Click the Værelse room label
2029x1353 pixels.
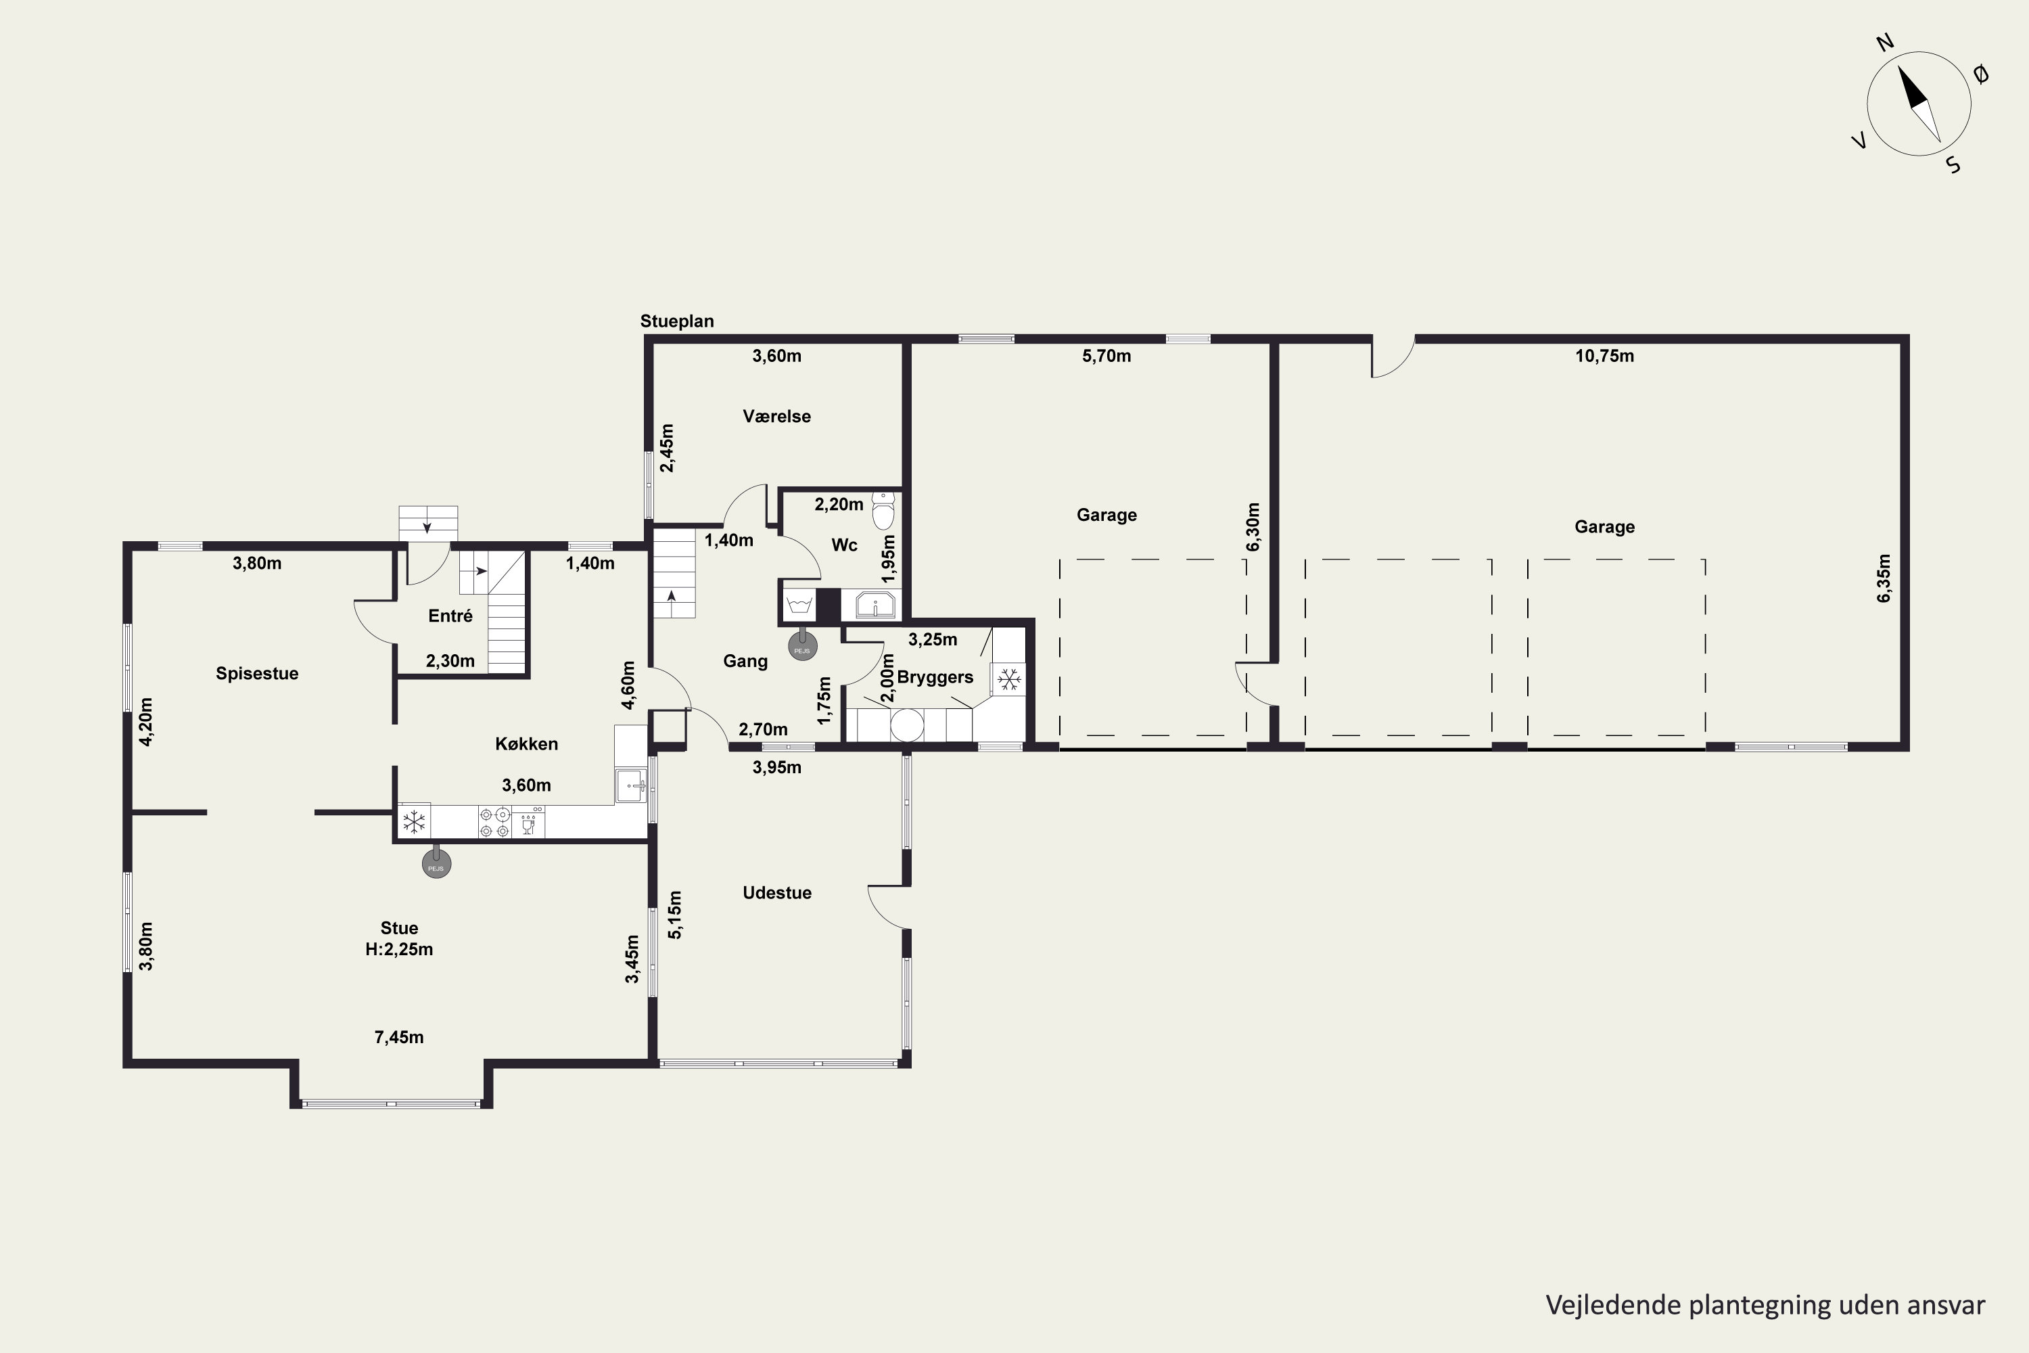click(x=776, y=416)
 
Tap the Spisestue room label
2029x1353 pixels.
click(x=257, y=674)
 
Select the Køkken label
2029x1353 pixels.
click(x=526, y=743)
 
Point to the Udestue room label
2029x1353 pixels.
click(x=776, y=893)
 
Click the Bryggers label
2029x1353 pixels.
click(x=935, y=677)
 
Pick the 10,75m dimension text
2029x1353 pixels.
click(x=1604, y=357)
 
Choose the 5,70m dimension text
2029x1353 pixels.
click(x=1106, y=357)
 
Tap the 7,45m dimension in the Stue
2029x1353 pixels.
click(x=398, y=1037)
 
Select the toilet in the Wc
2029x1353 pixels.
click(x=883, y=510)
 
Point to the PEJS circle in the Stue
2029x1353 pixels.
click(x=436, y=864)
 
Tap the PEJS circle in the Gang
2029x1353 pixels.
click(x=802, y=647)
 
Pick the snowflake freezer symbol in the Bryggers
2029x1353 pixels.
click(x=1009, y=680)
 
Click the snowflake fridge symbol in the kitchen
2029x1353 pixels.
click(x=414, y=821)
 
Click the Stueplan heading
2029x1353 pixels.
click(x=677, y=321)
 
